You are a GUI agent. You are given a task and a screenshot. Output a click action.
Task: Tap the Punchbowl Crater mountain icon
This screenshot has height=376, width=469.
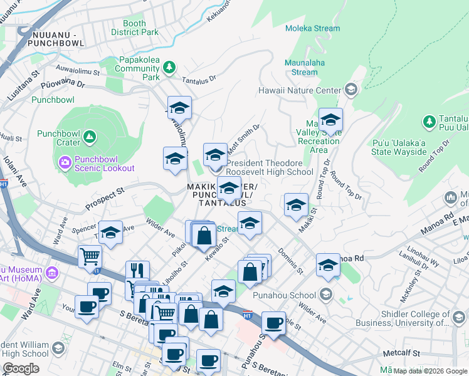click(x=89, y=136)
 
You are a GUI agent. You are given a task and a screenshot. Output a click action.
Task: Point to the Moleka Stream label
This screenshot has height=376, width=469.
click(x=312, y=28)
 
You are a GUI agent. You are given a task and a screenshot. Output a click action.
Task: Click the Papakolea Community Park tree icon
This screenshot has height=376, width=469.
click(x=169, y=66)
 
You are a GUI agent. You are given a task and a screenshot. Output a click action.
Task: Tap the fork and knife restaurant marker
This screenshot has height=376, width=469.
click(x=137, y=271)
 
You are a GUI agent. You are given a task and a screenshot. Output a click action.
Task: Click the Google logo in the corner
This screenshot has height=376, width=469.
click(x=21, y=368)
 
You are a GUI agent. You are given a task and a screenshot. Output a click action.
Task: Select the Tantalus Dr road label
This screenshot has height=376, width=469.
click(x=199, y=80)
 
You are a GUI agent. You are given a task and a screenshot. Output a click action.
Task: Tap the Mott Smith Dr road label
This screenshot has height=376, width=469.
click(x=244, y=133)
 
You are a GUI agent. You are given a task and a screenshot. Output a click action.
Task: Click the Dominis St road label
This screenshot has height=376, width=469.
click(x=292, y=264)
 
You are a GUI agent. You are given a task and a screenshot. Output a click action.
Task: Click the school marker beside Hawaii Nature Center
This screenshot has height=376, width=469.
click(x=350, y=90)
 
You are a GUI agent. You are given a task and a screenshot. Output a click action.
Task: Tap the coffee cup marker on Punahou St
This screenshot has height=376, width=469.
click(x=273, y=323)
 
